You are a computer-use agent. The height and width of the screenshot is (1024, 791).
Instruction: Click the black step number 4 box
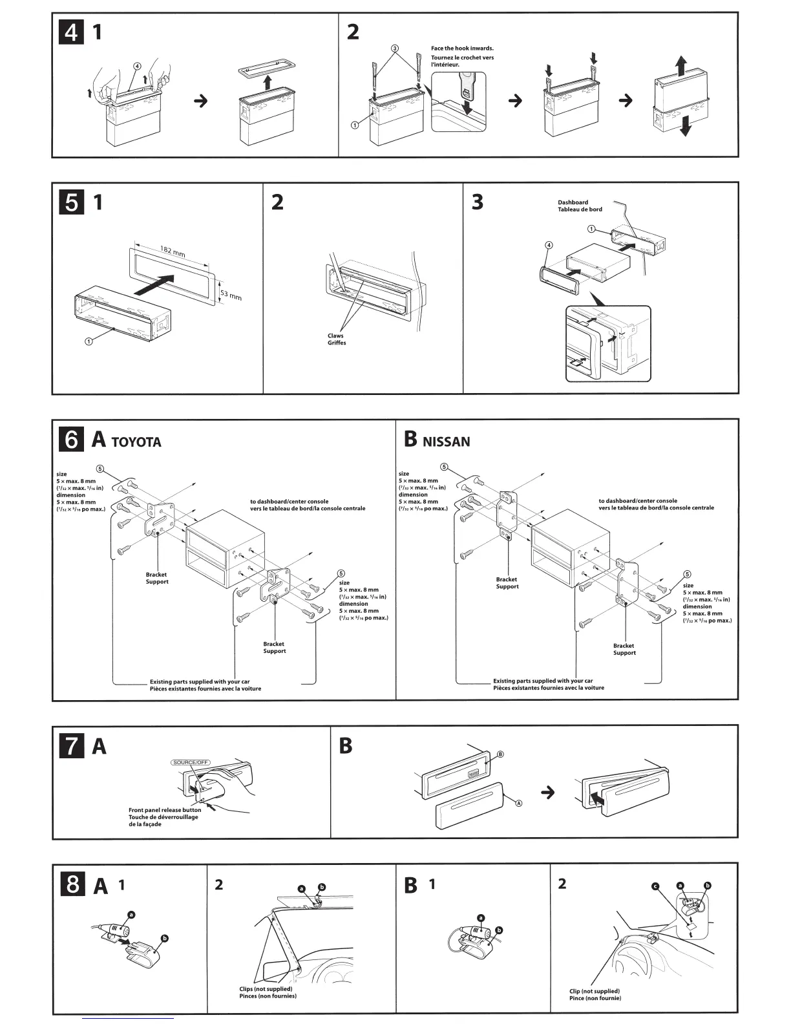[x=71, y=32]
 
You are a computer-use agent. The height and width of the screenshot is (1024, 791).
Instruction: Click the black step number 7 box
[x=71, y=747]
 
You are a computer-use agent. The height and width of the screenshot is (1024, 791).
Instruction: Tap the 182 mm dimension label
[x=172, y=251]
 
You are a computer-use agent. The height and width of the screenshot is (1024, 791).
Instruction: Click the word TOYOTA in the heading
[x=136, y=442]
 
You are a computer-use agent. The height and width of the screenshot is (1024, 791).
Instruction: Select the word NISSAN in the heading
[x=446, y=442]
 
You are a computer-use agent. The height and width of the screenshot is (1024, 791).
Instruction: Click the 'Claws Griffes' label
[x=336, y=339]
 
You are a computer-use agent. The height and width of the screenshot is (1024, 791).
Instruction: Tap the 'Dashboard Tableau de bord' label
[x=580, y=206]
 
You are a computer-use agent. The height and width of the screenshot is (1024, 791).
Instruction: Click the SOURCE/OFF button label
[x=191, y=762]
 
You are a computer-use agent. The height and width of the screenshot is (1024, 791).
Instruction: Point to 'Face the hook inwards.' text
[x=462, y=48]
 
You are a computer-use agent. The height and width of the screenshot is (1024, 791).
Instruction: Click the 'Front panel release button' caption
[x=164, y=809]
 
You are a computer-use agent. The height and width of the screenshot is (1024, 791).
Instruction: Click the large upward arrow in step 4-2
[x=681, y=66]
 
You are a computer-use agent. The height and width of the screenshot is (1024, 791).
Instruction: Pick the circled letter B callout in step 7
[x=500, y=754]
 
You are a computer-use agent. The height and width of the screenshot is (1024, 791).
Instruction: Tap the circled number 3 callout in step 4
[x=395, y=48]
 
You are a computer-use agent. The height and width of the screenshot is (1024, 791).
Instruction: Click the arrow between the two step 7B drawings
[x=547, y=792]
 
